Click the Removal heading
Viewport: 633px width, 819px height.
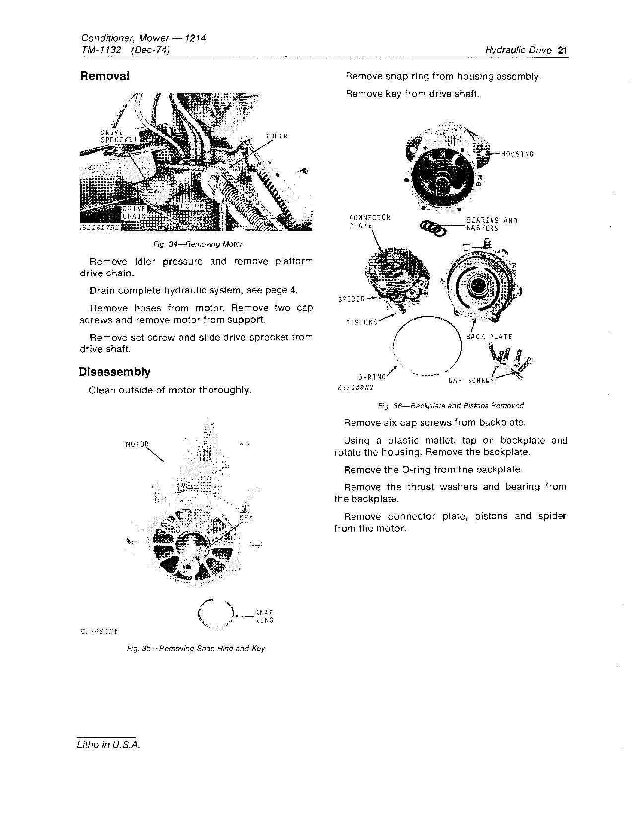[105, 76]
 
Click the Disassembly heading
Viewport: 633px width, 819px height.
[115, 372]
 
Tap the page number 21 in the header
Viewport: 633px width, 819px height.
[563, 50]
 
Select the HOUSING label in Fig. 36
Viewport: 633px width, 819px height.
[517, 154]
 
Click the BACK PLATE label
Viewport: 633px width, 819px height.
[489, 336]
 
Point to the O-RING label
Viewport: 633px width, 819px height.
[372, 377]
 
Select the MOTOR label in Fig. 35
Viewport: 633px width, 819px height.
[137, 444]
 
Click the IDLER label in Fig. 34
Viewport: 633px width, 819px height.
[276, 136]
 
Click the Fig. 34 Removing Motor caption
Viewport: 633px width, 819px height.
[198, 244]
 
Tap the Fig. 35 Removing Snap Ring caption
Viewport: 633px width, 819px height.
[196, 648]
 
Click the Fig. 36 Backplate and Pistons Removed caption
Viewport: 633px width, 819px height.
[450, 405]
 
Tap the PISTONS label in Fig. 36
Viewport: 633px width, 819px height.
[361, 322]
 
